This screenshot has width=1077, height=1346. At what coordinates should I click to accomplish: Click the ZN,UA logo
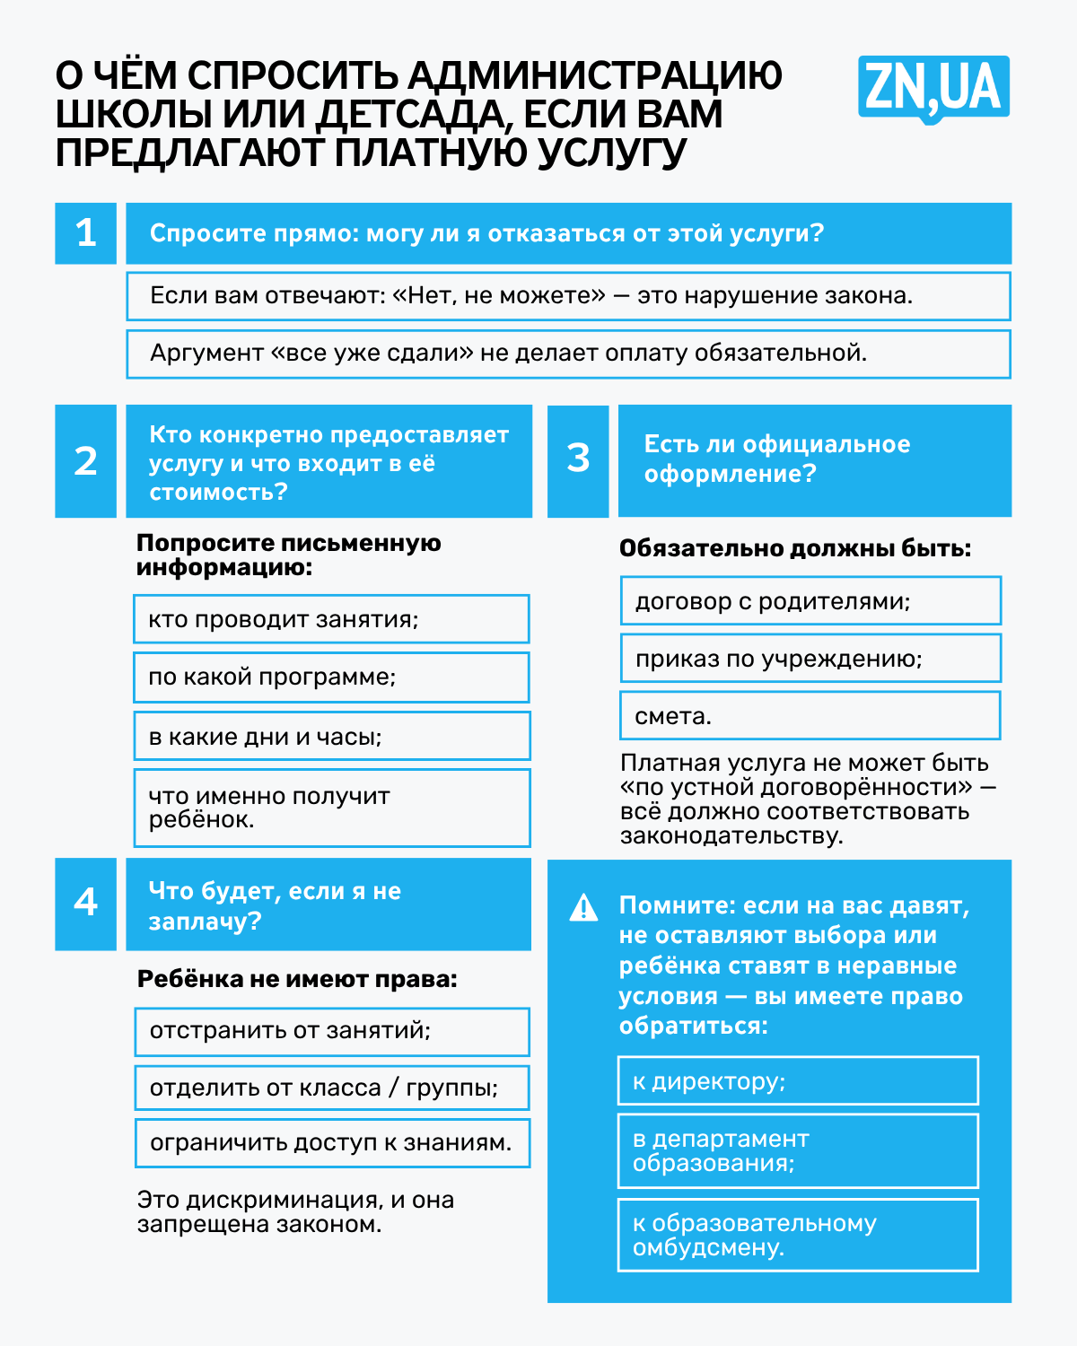pyautogui.click(x=933, y=88)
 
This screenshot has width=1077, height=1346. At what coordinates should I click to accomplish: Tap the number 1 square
pyautogui.click(x=86, y=233)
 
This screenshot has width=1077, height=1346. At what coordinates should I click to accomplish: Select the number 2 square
pyautogui.click(x=86, y=460)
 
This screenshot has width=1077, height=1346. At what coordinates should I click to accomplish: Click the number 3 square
pyautogui.click(x=578, y=459)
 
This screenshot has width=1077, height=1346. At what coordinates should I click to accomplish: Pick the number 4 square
pyautogui.click(x=86, y=903)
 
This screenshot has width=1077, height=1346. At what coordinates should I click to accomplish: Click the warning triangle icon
pyautogui.click(x=583, y=908)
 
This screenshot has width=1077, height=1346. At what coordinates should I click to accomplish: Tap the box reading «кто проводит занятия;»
pyautogui.click(x=331, y=619)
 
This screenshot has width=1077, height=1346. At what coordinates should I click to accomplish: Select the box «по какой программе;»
pyautogui.click(x=331, y=677)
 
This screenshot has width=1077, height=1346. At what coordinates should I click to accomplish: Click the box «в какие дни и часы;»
pyautogui.click(x=331, y=736)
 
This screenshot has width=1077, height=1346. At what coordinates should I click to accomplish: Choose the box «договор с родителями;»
pyautogui.click(x=810, y=601)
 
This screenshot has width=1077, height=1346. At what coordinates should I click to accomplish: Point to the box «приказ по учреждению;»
pyautogui.click(x=810, y=659)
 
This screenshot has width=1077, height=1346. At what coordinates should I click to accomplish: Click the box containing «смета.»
pyautogui.click(x=810, y=715)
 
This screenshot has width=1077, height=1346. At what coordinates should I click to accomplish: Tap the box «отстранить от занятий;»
pyautogui.click(x=332, y=1031)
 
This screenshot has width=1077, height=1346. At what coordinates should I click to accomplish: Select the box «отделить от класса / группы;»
pyautogui.click(x=332, y=1088)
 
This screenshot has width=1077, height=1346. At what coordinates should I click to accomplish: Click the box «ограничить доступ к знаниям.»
pyautogui.click(x=332, y=1143)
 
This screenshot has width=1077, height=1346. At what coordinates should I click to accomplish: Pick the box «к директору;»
pyautogui.click(x=798, y=1080)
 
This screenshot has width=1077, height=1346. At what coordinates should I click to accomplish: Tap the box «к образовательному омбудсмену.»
pyautogui.click(x=798, y=1235)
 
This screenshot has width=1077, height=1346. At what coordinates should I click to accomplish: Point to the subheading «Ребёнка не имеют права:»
pyautogui.click(x=297, y=979)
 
